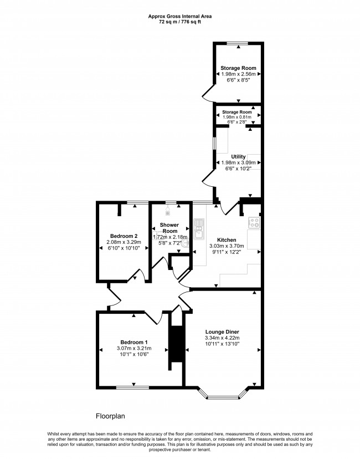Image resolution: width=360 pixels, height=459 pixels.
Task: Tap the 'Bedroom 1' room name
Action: (133, 342)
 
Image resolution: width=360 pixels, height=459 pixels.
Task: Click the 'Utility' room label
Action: (238, 157)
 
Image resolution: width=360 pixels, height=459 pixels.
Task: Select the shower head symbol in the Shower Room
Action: (168, 210)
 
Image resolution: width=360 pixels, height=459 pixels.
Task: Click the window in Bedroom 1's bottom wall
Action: (133, 386)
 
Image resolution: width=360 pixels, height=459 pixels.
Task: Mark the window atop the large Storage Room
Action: (238, 43)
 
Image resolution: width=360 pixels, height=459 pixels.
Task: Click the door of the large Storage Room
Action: (208, 93)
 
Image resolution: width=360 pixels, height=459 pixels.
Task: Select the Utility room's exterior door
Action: (209, 177)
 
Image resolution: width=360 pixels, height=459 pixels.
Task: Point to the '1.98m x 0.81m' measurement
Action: (238, 117)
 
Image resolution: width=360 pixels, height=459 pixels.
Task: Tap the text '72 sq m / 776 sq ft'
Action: (179, 23)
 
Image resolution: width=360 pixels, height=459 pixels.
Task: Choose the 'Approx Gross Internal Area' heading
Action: (179, 17)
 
